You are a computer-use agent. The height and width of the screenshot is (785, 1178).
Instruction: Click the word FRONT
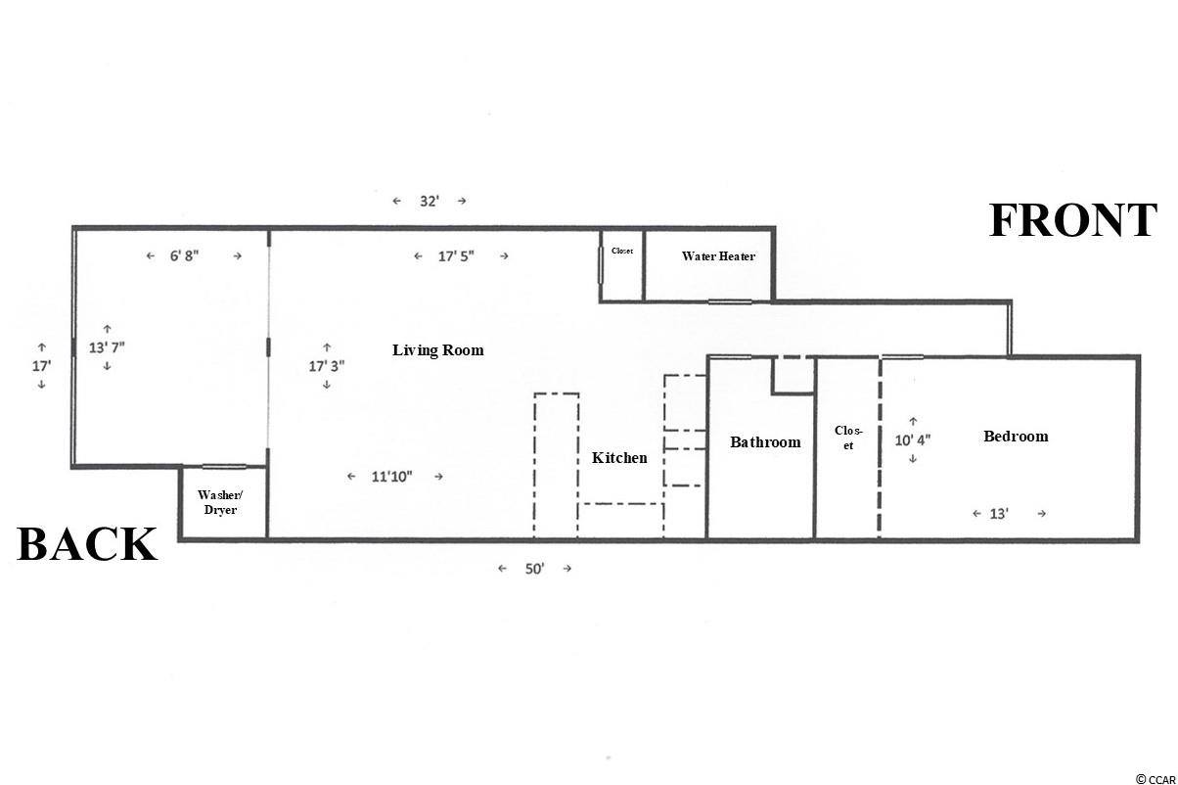tap(1072, 220)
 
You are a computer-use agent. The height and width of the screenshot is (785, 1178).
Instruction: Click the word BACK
tap(87, 544)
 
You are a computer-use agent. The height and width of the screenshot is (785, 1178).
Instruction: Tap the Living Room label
tap(438, 349)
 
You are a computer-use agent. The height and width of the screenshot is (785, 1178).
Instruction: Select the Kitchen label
tap(619, 458)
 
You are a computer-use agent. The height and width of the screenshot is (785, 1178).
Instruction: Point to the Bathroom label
tap(765, 442)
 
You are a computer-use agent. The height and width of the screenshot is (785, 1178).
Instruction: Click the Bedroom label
tap(1016, 437)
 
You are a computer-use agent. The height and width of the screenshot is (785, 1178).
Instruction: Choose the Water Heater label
tap(718, 256)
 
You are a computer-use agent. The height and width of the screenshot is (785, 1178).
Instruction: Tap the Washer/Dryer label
tap(220, 502)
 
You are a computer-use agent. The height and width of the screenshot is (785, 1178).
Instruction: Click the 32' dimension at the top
tap(430, 201)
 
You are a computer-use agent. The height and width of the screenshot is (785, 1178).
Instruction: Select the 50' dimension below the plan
tap(534, 569)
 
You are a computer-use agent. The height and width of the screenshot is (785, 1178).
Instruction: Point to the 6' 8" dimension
tap(184, 255)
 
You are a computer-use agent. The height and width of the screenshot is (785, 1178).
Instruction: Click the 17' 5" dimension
tap(456, 256)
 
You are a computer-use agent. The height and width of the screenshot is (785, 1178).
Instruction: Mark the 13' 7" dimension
tap(107, 347)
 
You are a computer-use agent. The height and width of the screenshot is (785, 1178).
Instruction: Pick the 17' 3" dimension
tap(327, 366)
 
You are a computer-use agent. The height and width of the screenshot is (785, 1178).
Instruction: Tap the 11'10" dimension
tap(391, 477)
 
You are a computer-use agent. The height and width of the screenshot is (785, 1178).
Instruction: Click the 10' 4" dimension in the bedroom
tap(913, 439)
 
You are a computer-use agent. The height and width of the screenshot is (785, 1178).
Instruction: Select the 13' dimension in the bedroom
tap(999, 514)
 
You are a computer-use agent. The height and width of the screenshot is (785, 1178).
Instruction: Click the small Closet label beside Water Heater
tap(622, 251)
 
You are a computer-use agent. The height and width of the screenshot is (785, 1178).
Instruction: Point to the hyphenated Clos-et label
tap(848, 438)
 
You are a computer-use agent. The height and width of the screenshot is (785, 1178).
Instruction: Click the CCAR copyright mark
tap(1155, 779)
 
